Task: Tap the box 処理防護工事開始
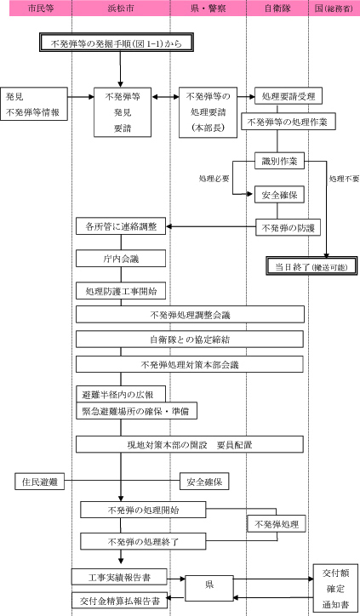(x=120, y=291)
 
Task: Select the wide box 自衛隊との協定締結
(x=190, y=339)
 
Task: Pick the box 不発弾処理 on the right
(x=276, y=522)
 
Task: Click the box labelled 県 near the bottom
(x=209, y=585)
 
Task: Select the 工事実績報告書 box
(x=117, y=575)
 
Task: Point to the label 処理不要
(x=344, y=180)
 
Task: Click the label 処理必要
(x=213, y=180)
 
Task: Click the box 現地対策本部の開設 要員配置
(x=190, y=443)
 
